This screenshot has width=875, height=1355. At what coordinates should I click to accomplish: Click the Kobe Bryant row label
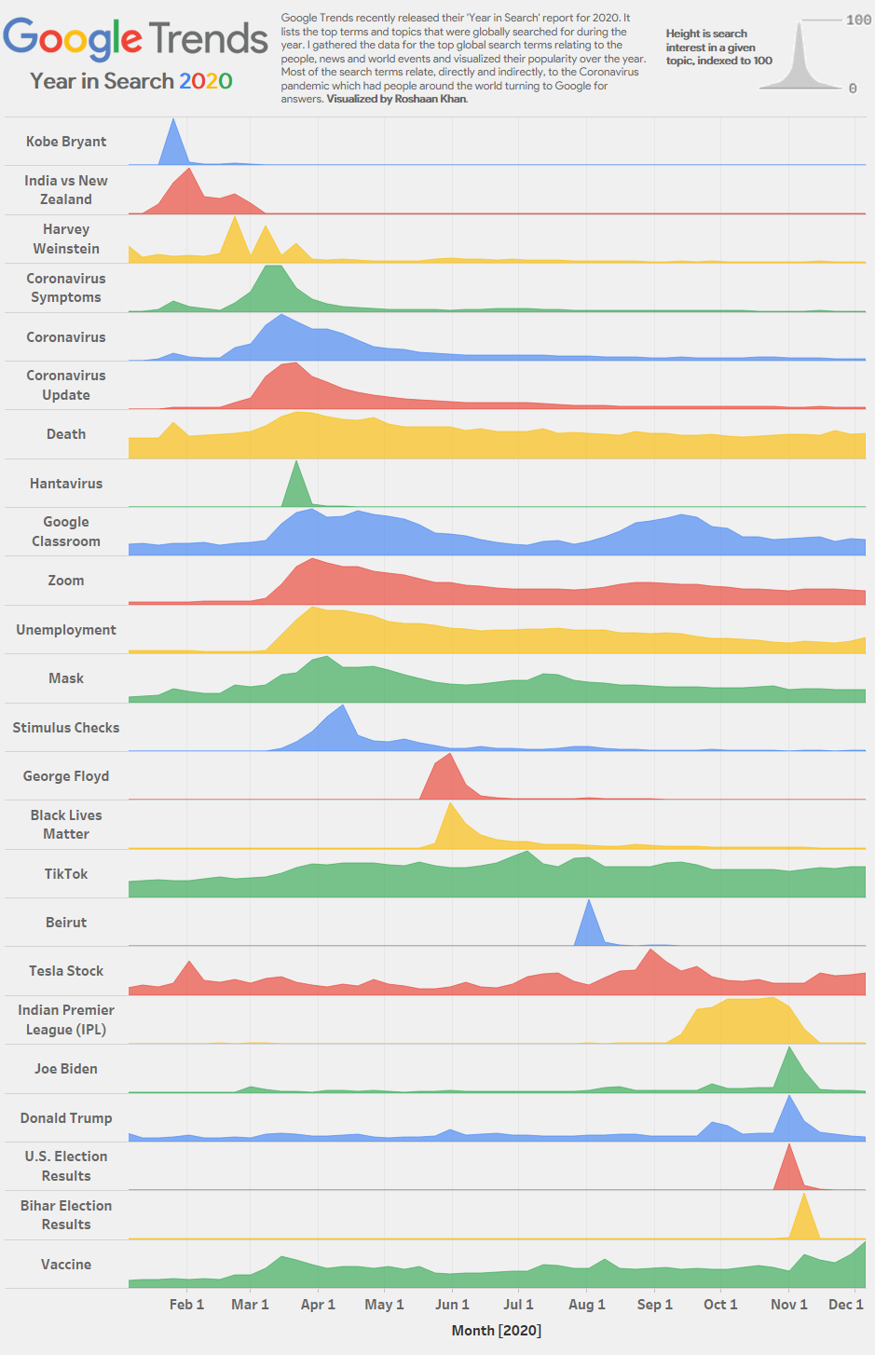[x=66, y=142]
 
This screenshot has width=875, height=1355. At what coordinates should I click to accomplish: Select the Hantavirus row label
[x=66, y=484]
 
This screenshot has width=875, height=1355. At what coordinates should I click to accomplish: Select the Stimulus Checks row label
[x=66, y=728]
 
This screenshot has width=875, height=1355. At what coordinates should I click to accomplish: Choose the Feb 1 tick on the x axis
[x=186, y=1305]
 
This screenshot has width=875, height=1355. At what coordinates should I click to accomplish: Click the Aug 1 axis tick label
[x=587, y=1305]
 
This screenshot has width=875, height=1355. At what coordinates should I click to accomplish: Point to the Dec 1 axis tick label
[x=846, y=1305]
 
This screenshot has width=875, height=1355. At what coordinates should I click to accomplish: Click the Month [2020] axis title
[x=496, y=1331]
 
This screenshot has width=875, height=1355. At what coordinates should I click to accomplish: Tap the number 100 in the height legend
[x=858, y=21]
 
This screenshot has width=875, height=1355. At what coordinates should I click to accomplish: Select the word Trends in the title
[x=208, y=39]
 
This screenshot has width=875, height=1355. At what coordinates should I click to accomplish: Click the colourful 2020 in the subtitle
[x=205, y=81]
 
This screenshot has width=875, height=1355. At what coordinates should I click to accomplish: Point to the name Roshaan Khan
[x=431, y=99]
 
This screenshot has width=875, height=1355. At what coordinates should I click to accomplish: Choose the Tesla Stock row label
[x=66, y=971]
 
